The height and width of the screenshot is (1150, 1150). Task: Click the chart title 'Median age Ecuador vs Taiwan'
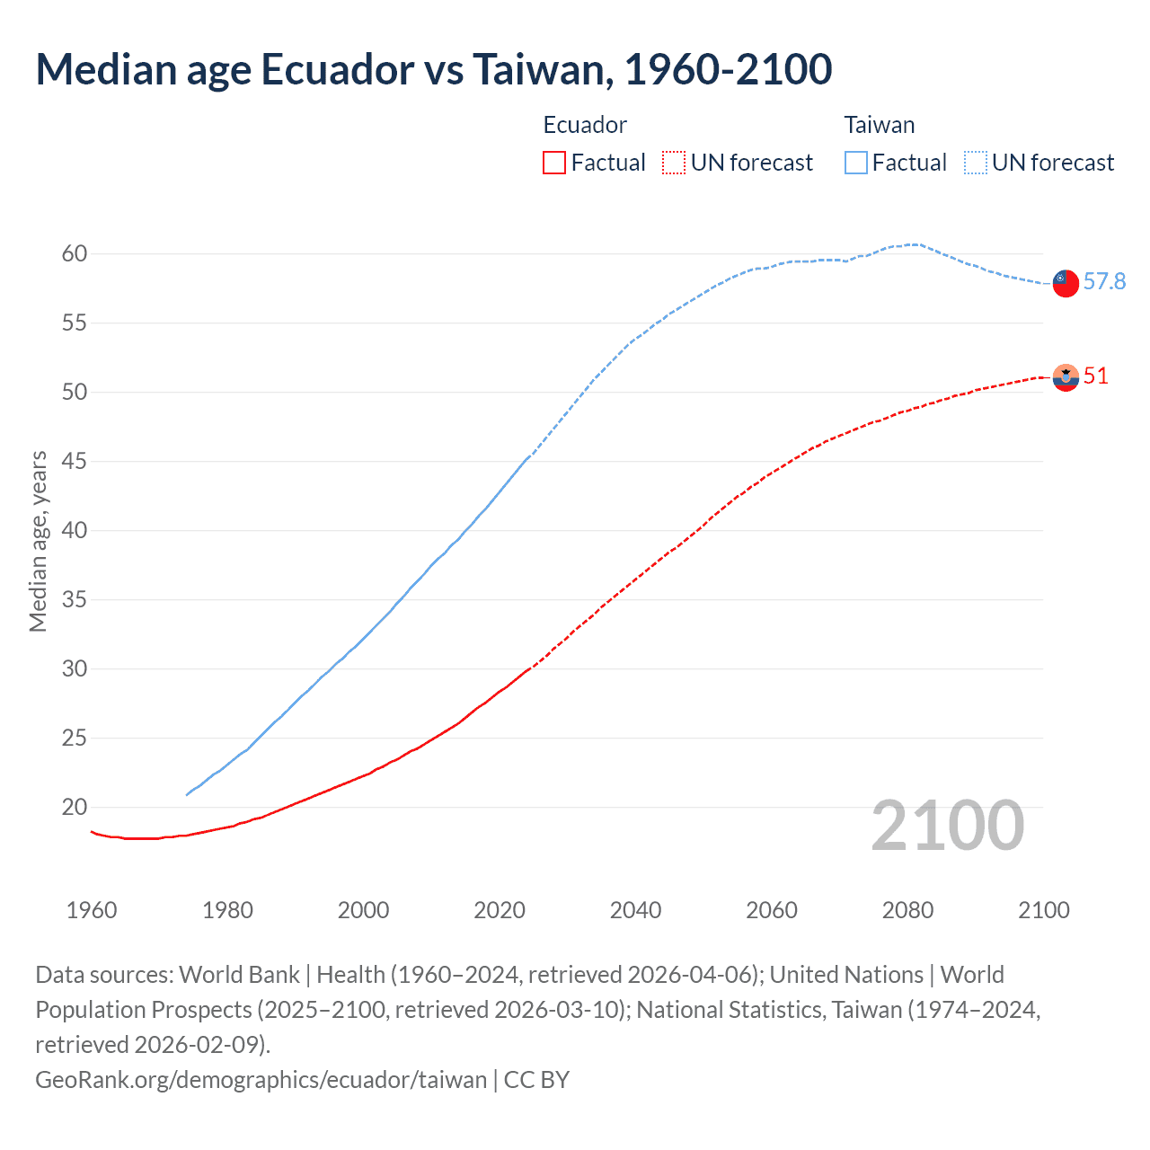pos(433,69)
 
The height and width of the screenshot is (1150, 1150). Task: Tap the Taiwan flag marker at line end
pos(1065,282)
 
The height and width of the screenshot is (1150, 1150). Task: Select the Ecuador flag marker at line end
pos(1065,377)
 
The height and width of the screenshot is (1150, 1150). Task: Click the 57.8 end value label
pos(1104,282)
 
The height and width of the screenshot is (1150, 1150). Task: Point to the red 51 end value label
pos(1096,376)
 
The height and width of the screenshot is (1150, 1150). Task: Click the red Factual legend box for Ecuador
pos(554,163)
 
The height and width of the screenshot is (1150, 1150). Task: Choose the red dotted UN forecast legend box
pos(674,163)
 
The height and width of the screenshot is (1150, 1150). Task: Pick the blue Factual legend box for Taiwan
pos(856,163)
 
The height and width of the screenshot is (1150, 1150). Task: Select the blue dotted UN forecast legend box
pos(976,163)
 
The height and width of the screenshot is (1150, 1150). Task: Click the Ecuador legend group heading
pos(585,125)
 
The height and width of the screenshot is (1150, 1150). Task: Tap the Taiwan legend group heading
pos(879,125)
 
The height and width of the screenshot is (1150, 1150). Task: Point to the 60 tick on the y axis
pos(75,254)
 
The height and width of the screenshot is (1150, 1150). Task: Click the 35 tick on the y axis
pos(75,600)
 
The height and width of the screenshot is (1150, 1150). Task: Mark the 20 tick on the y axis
pos(75,808)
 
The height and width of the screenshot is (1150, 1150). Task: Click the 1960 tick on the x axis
pos(92,910)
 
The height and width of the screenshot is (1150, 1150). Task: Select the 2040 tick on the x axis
pos(635,910)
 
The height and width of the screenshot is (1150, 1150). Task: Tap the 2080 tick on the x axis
pos(907,910)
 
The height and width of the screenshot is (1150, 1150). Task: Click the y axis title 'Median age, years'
pos(38,542)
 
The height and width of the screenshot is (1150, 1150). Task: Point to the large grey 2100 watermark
pos(947,826)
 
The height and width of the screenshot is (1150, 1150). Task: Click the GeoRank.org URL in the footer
pos(261,1079)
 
